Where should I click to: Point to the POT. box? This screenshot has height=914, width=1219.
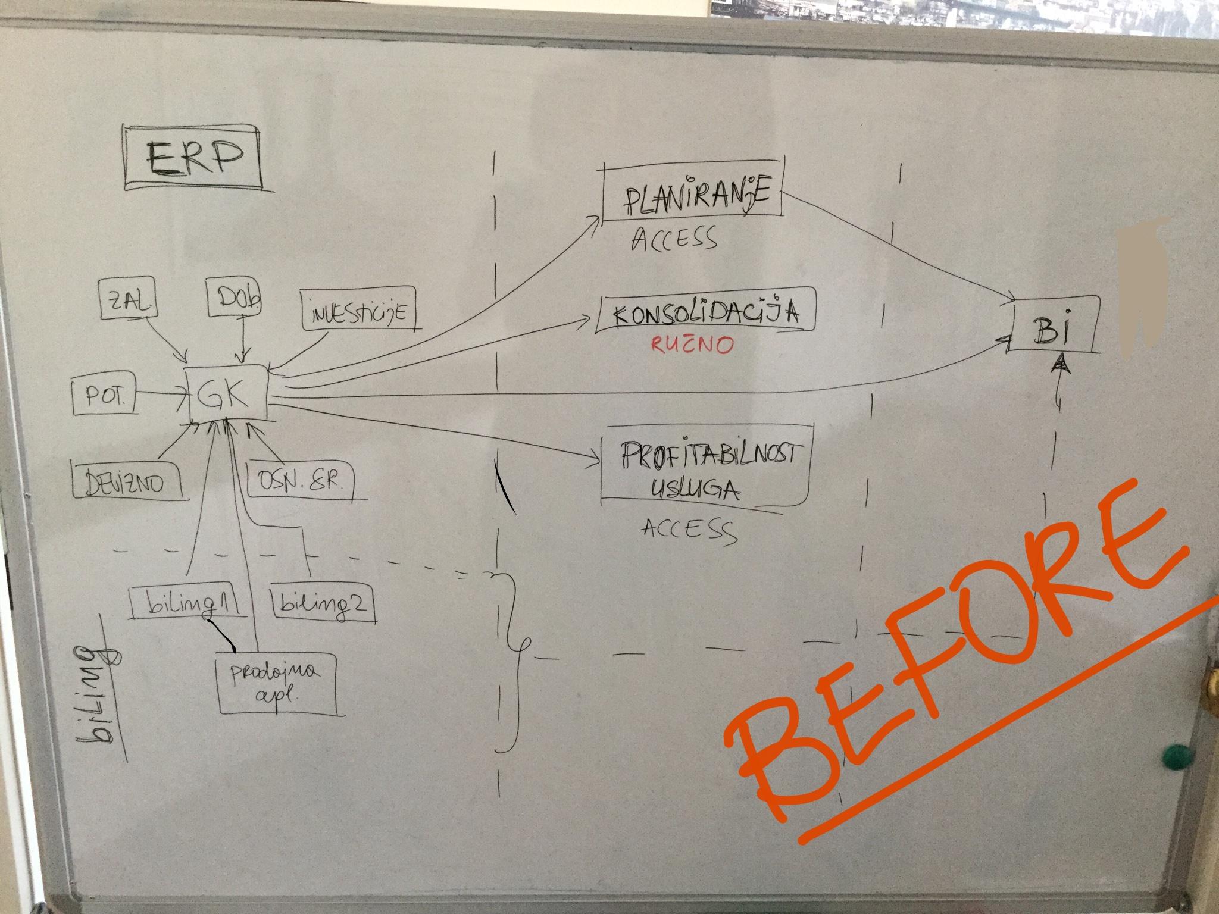pyautogui.click(x=103, y=397)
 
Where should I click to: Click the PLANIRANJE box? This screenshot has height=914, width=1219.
pyautogui.click(x=693, y=199)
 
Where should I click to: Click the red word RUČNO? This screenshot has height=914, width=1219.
pyautogui.click(x=692, y=346)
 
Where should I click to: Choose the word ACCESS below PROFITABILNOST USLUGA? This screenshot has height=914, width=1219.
pyautogui.click(x=689, y=528)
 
